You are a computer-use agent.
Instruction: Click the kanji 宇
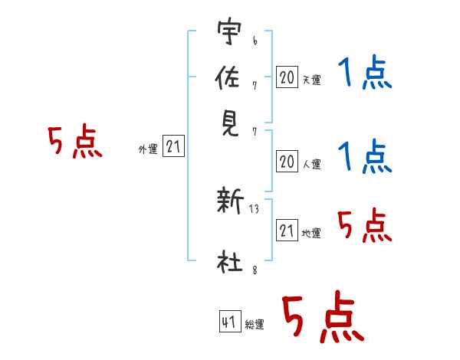230,31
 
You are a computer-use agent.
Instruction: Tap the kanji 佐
228,77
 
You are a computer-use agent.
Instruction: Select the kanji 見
230,124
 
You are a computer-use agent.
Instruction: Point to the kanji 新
230,201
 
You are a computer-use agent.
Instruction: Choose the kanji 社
230,261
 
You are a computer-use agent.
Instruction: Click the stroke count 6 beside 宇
255,41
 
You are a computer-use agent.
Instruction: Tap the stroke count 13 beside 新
254,209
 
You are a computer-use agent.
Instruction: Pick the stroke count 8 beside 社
255,270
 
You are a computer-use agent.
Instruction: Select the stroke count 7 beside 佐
255,86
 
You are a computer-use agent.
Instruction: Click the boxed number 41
230,321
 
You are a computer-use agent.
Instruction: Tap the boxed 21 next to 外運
173,146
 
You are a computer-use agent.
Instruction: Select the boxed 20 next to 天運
287,77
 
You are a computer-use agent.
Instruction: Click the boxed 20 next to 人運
287,162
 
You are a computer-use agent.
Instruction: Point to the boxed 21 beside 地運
287,230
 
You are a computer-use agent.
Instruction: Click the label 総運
255,324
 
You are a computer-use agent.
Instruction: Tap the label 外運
148,149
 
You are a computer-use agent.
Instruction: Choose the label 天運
312,80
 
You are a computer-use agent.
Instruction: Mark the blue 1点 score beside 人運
365,156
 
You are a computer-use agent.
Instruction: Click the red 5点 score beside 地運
365,225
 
